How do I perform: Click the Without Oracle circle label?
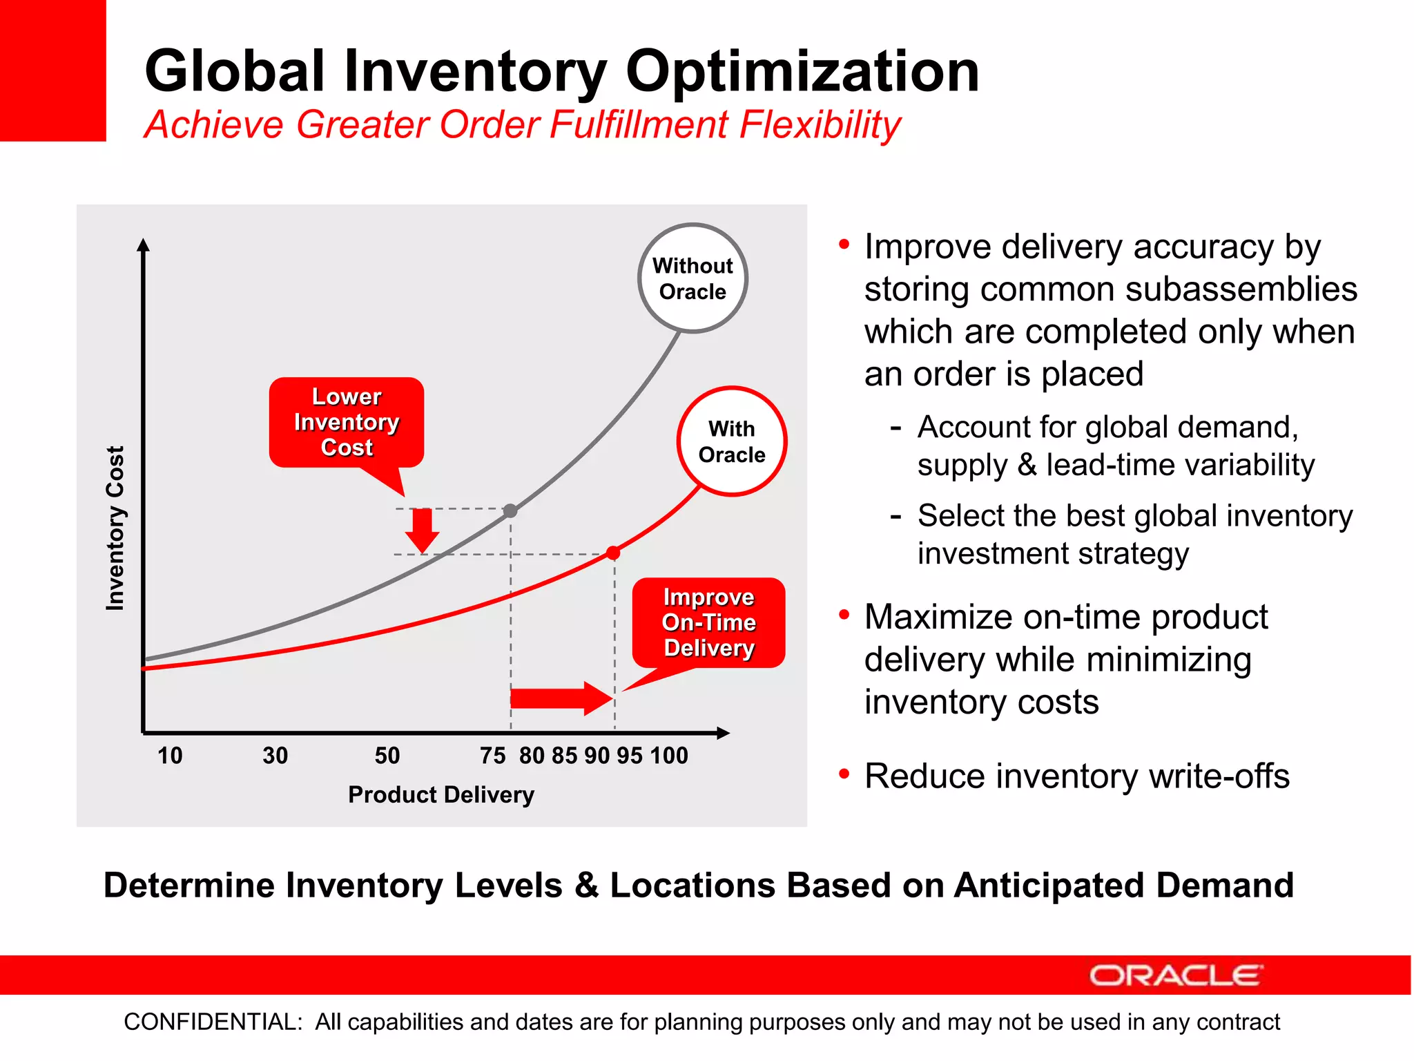click(x=693, y=278)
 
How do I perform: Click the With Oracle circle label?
click(x=732, y=441)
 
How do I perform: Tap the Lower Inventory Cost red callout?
click(x=347, y=422)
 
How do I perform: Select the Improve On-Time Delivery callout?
click(x=708, y=622)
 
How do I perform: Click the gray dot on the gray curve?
click(x=510, y=511)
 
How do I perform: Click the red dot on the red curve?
click(x=613, y=553)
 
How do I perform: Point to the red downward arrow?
click(x=422, y=530)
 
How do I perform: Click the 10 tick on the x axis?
click(x=170, y=756)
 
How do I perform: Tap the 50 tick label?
click(x=387, y=756)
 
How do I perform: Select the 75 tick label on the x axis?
click(x=493, y=756)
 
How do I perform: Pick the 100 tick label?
click(x=669, y=756)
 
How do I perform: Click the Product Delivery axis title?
click(x=441, y=795)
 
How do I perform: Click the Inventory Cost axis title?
click(x=115, y=528)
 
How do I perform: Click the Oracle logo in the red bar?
click(x=1176, y=975)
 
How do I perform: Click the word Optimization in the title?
click(x=802, y=71)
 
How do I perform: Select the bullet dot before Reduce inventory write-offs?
click(x=844, y=774)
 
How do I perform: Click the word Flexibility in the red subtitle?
click(x=820, y=125)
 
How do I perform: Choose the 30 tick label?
click(x=275, y=756)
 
